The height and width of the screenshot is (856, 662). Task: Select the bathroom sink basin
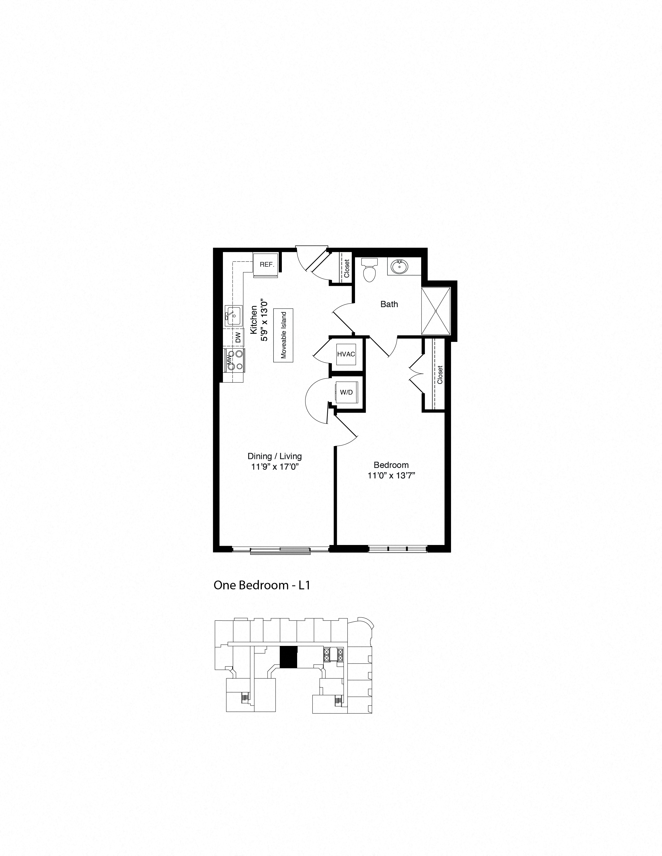tap(399, 267)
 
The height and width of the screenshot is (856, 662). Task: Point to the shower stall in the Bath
tap(436, 311)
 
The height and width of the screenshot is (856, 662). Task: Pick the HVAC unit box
tap(346, 354)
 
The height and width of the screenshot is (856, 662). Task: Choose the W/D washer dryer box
tap(346, 392)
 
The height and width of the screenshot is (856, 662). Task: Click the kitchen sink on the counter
tap(233, 315)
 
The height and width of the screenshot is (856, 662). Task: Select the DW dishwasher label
tap(238, 338)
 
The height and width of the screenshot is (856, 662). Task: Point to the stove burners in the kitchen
tap(234, 360)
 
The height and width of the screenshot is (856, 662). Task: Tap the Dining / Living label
tap(275, 456)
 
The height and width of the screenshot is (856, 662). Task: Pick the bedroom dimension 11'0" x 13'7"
tap(391, 476)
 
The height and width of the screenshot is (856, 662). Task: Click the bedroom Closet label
tap(440, 375)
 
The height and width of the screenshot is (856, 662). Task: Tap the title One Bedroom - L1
tap(262, 585)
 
